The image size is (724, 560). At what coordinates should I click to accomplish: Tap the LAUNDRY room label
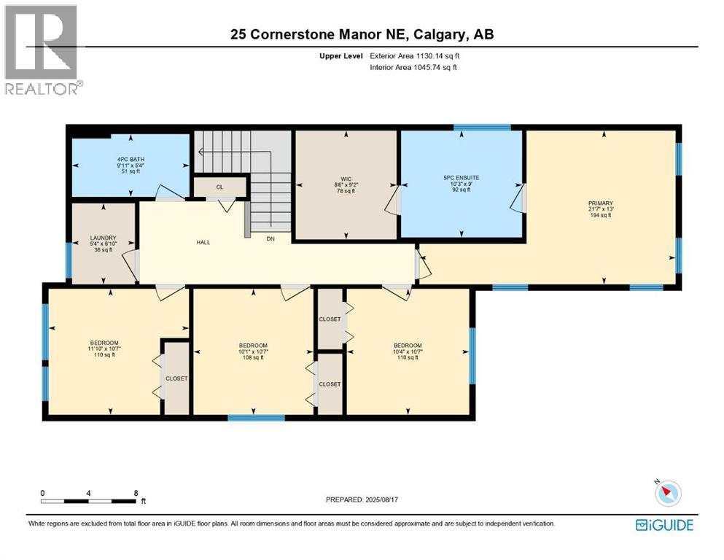point(104,237)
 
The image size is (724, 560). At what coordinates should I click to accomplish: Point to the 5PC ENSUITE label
point(461,177)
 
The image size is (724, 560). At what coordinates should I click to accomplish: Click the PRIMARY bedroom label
point(603,203)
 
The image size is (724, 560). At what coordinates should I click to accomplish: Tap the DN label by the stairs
point(270,238)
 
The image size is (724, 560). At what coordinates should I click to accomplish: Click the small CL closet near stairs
point(219,187)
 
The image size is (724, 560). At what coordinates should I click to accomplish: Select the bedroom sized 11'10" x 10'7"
point(104,349)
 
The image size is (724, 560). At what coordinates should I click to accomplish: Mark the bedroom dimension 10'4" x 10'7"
point(408,351)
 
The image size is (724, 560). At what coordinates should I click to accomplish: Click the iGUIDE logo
point(663,525)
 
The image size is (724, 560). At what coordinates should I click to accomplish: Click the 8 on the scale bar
point(136,493)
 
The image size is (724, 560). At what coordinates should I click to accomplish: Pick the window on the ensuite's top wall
point(482,128)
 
